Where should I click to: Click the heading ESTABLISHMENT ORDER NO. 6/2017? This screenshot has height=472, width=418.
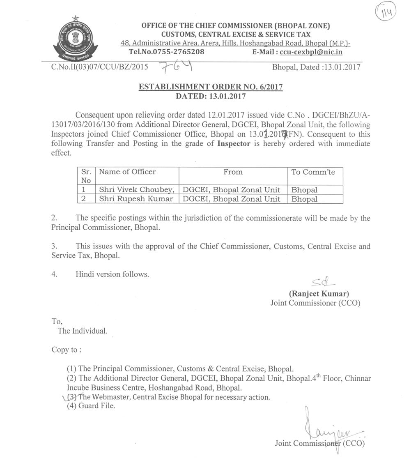pos(211,87)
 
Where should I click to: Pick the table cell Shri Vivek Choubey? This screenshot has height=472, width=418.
pos(137,190)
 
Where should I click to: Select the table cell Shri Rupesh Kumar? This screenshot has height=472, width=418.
pos(136,199)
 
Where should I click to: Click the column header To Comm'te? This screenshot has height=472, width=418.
pos(313,172)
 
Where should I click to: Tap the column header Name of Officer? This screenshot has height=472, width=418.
pos(127,172)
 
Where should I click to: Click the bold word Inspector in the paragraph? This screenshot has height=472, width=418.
pos(234,144)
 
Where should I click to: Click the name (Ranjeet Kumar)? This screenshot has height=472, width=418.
pos(319,294)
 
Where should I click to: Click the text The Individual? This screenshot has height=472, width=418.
pos(83,331)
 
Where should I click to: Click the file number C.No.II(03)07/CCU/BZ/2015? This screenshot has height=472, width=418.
pos(100,67)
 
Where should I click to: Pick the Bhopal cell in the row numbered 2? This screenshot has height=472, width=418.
pos(304,199)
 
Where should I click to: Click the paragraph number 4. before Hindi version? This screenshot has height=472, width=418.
pos(54,274)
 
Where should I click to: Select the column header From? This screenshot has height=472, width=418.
pos(233,172)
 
